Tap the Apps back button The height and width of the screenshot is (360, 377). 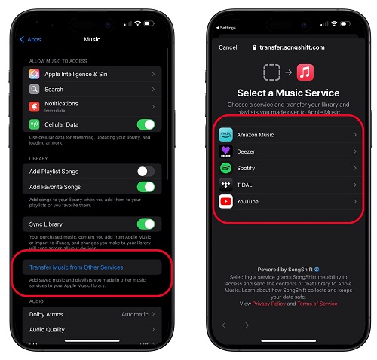(x=31, y=39)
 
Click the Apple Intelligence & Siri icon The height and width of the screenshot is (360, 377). (x=35, y=75)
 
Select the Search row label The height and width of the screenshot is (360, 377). (x=54, y=90)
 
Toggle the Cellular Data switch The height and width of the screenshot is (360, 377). (x=146, y=124)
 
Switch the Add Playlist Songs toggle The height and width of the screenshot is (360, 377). (x=146, y=172)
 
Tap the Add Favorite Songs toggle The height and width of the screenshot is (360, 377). (x=146, y=186)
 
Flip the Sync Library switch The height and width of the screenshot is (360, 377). (x=146, y=224)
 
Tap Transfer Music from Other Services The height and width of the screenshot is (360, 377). (x=75, y=267)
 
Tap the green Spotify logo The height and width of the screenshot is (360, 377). (x=225, y=168)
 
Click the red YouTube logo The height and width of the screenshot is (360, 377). (x=225, y=201)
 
